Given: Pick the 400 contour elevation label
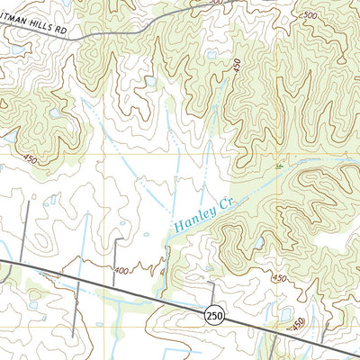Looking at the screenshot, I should pos(121,270).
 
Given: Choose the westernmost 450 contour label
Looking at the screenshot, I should pos(31,159).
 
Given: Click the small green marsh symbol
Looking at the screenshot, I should pos(279,166).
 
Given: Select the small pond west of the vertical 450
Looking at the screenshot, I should pos(211,55).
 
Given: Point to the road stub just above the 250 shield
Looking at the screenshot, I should pos(212,294).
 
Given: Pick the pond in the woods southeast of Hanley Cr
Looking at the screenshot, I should pos(259,243).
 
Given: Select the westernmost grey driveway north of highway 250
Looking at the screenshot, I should pos(27,234).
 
